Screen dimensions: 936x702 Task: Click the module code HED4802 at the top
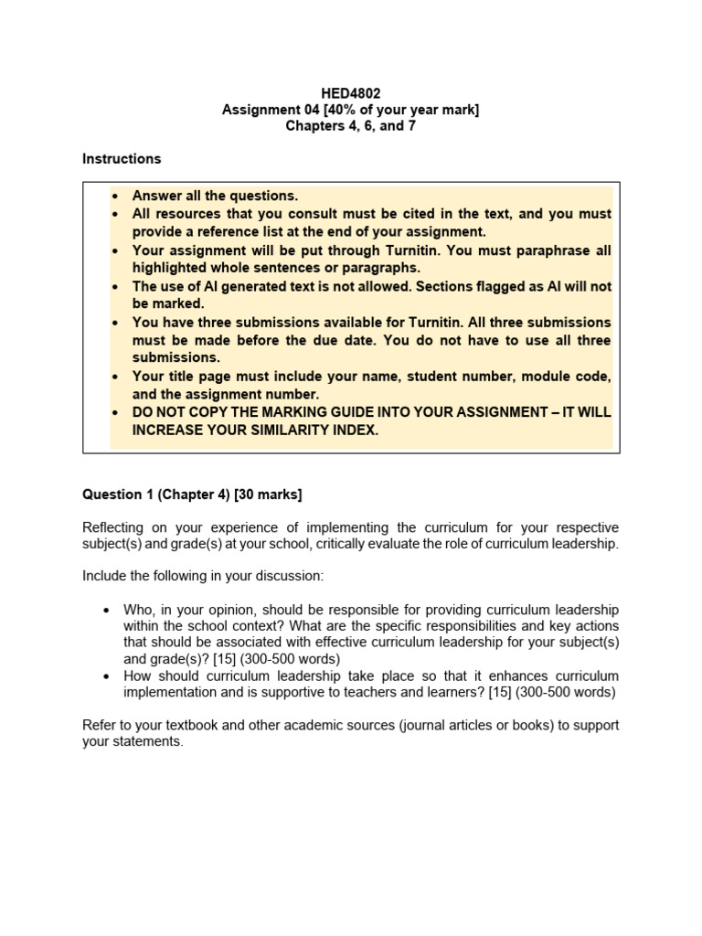coord(350,92)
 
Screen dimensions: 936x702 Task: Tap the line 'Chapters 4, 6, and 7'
coord(350,126)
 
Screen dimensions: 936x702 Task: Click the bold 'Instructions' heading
coord(122,158)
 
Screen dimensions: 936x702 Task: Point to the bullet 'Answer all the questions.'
coord(215,196)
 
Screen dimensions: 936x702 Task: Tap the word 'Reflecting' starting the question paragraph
coord(113,527)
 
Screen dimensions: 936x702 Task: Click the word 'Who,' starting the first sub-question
coord(140,610)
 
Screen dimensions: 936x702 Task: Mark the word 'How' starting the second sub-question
coord(139,675)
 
